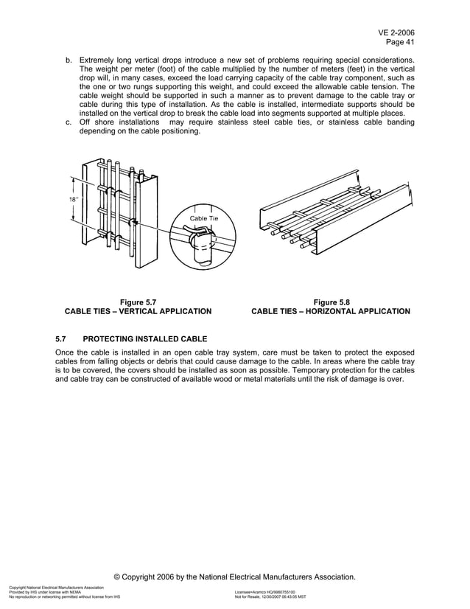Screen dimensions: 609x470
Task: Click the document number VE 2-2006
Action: (x=396, y=33)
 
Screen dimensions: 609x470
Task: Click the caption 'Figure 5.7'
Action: (x=138, y=301)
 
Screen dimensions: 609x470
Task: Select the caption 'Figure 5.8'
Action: (x=332, y=301)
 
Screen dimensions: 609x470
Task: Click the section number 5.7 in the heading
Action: (x=62, y=339)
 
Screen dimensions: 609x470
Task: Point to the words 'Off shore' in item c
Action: (x=96, y=122)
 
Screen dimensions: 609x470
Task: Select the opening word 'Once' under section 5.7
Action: (x=66, y=352)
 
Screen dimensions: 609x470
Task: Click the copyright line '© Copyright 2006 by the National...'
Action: (x=235, y=576)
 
